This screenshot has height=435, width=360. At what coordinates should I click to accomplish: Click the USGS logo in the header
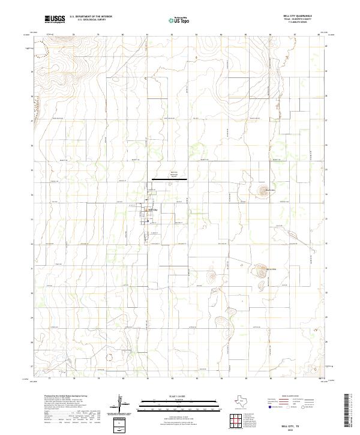pos(55,19)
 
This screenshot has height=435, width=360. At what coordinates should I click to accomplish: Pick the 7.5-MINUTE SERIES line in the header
pos(296,23)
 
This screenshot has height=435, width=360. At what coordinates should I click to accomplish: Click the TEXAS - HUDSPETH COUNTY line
pos(296,20)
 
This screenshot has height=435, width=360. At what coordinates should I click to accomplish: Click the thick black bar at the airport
pos(169,179)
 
